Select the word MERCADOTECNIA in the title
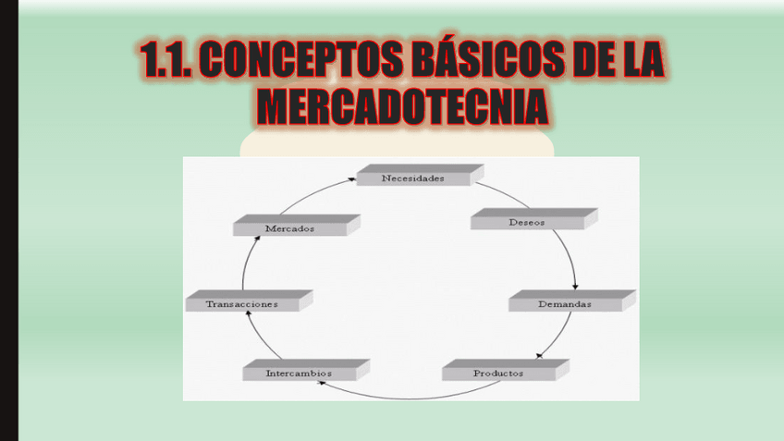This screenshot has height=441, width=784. point(402,106)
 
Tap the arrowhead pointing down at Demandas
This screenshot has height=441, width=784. point(575,286)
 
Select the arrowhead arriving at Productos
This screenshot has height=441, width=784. point(540,355)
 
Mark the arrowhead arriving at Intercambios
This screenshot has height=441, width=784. point(321,381)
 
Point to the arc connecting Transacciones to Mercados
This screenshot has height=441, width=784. point(245,268)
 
